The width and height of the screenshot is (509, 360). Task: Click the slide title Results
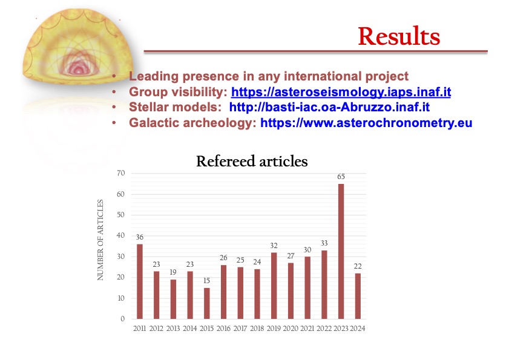coord(399,36)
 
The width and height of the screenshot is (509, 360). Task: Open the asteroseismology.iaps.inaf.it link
coord(341,92)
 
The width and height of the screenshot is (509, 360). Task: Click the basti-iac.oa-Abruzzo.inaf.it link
coord(329,107)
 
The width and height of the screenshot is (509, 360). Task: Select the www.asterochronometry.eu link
coord(366,123)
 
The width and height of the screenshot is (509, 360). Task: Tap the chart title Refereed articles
coord(252,162)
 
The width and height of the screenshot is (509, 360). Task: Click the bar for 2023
coord(341,251)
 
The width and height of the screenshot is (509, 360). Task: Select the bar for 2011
coord(140,281)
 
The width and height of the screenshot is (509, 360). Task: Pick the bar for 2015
coord(207,303)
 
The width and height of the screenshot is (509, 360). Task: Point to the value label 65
coord(341,177)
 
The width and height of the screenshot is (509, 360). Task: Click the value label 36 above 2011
coord(140,237)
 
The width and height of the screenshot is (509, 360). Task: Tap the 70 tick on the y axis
coord(121,173)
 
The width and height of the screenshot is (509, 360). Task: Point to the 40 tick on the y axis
coord(121,235)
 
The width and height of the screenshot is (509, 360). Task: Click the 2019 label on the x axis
coord(274,329)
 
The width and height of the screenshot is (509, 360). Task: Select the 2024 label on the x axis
coord(358,329)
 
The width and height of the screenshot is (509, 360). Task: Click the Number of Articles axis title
coord(100,240)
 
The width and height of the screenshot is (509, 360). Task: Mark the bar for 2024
coord(358,296)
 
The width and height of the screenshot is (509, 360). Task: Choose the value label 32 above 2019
coord(274,246)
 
